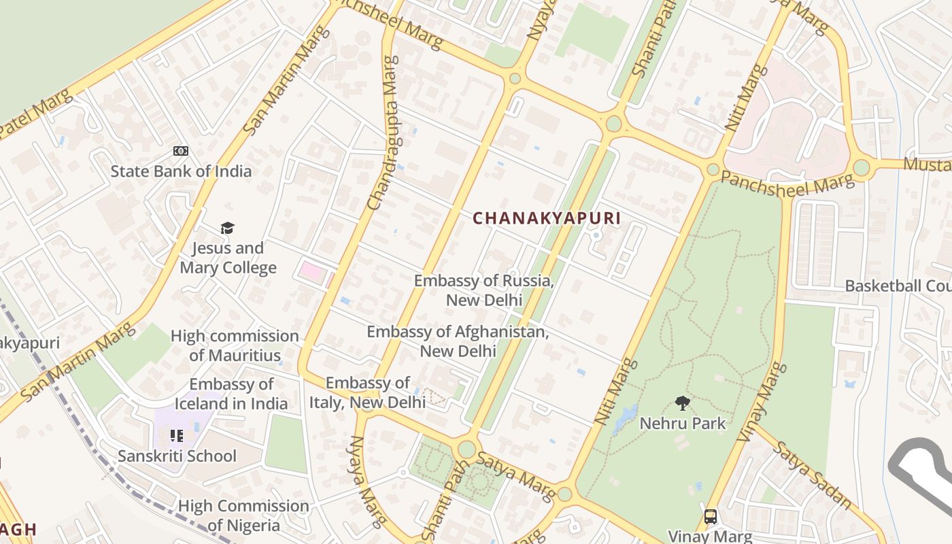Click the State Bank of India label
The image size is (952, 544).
point(181,171)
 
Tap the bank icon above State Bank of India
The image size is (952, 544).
point(180,151)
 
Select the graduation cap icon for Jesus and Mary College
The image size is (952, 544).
point(227,228)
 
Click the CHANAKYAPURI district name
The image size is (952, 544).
point(547,218)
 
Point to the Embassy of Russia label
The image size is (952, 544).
point(483,290)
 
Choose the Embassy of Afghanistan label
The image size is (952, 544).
point(457,341)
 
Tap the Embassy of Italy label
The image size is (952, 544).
point(367,392)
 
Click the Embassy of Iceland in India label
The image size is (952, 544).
point(231,394)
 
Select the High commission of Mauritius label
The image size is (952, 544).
point(235,345)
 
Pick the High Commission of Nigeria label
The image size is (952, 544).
point(243,515)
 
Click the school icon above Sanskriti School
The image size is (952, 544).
point(177,435)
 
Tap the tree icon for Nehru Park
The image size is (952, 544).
point(683,403)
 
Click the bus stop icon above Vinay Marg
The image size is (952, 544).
point(711,517)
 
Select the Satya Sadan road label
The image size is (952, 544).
point(812,475)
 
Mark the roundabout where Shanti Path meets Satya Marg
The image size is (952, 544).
point(466,449)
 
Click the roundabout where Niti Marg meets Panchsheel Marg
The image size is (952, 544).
point(713,169)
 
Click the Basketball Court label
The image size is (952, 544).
point(898,286)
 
